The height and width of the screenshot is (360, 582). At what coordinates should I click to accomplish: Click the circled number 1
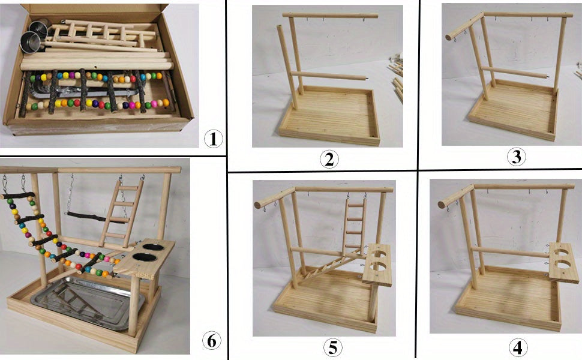point(213,139)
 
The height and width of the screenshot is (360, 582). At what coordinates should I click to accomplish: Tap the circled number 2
point(329,160)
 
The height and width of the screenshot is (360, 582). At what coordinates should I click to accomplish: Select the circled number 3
point(517,157)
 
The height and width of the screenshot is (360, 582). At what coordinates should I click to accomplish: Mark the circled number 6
point(210,340)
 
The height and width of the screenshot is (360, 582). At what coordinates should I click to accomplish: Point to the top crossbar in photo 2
point(330,16)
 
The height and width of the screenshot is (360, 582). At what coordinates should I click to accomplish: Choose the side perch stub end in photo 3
point(448,37)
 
